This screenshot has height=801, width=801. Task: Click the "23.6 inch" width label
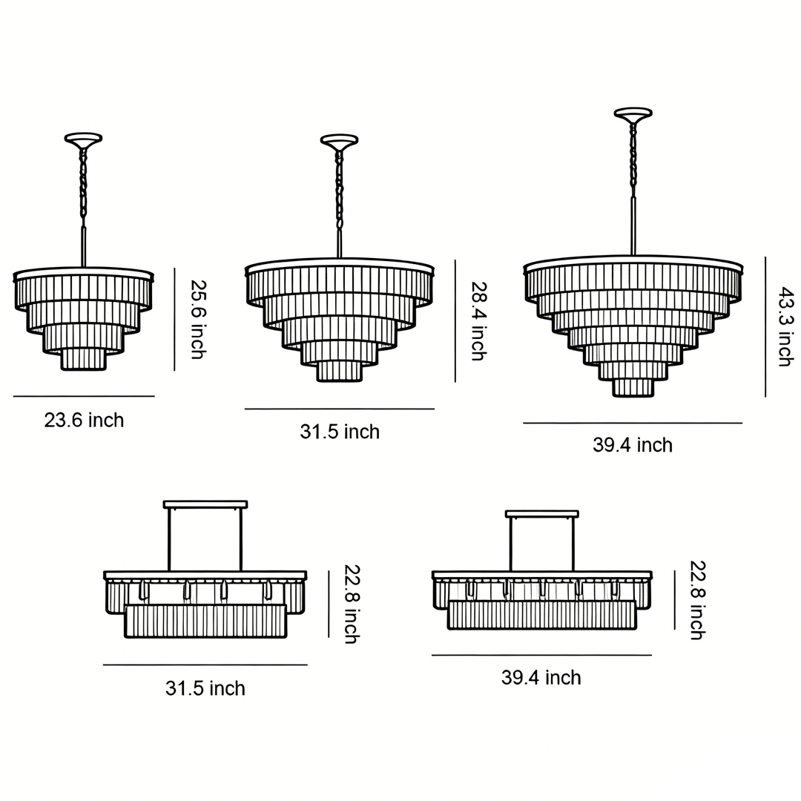click(x=84, y=421)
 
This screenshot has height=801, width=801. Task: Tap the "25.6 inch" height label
click(x=197, y=319)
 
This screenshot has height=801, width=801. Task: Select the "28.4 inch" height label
click(x=478, y=320)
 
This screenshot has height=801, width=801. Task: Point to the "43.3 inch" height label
click(x=785, y=327)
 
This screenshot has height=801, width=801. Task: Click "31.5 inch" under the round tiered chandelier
click(x=340, y=432)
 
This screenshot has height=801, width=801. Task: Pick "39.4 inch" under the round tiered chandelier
click(x=633, y=445)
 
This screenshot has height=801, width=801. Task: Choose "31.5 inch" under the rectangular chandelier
click(x=205, y=688)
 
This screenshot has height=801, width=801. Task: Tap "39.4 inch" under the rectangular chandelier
click(x=541, y=678)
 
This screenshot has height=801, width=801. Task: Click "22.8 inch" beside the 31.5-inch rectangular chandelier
click(x=351, y=604)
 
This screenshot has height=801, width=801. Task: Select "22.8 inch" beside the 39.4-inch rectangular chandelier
click(x=696, y=600)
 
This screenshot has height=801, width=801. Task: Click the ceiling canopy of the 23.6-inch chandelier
click(x=83, y=138)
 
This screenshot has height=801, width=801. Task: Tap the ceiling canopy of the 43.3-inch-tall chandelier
click(x=633, y=113)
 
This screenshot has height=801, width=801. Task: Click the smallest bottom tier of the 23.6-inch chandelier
click(x=83, y=359)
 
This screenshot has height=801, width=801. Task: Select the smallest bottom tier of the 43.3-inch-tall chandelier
click(x=633, y=387)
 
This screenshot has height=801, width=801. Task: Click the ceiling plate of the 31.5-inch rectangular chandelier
click(x=205, y=504)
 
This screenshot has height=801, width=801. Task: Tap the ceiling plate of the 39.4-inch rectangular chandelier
click(x=541, y=513)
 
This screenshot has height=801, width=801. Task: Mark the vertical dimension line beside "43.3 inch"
click(x=765, y=327)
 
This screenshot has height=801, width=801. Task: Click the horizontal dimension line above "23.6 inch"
click(x=84, y=396)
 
